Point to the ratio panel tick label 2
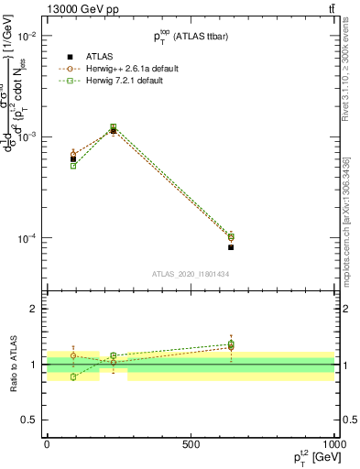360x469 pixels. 32,309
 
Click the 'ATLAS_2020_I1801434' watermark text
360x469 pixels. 190,274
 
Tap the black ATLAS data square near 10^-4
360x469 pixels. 231,247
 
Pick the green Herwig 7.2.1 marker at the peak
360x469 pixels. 113,127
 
